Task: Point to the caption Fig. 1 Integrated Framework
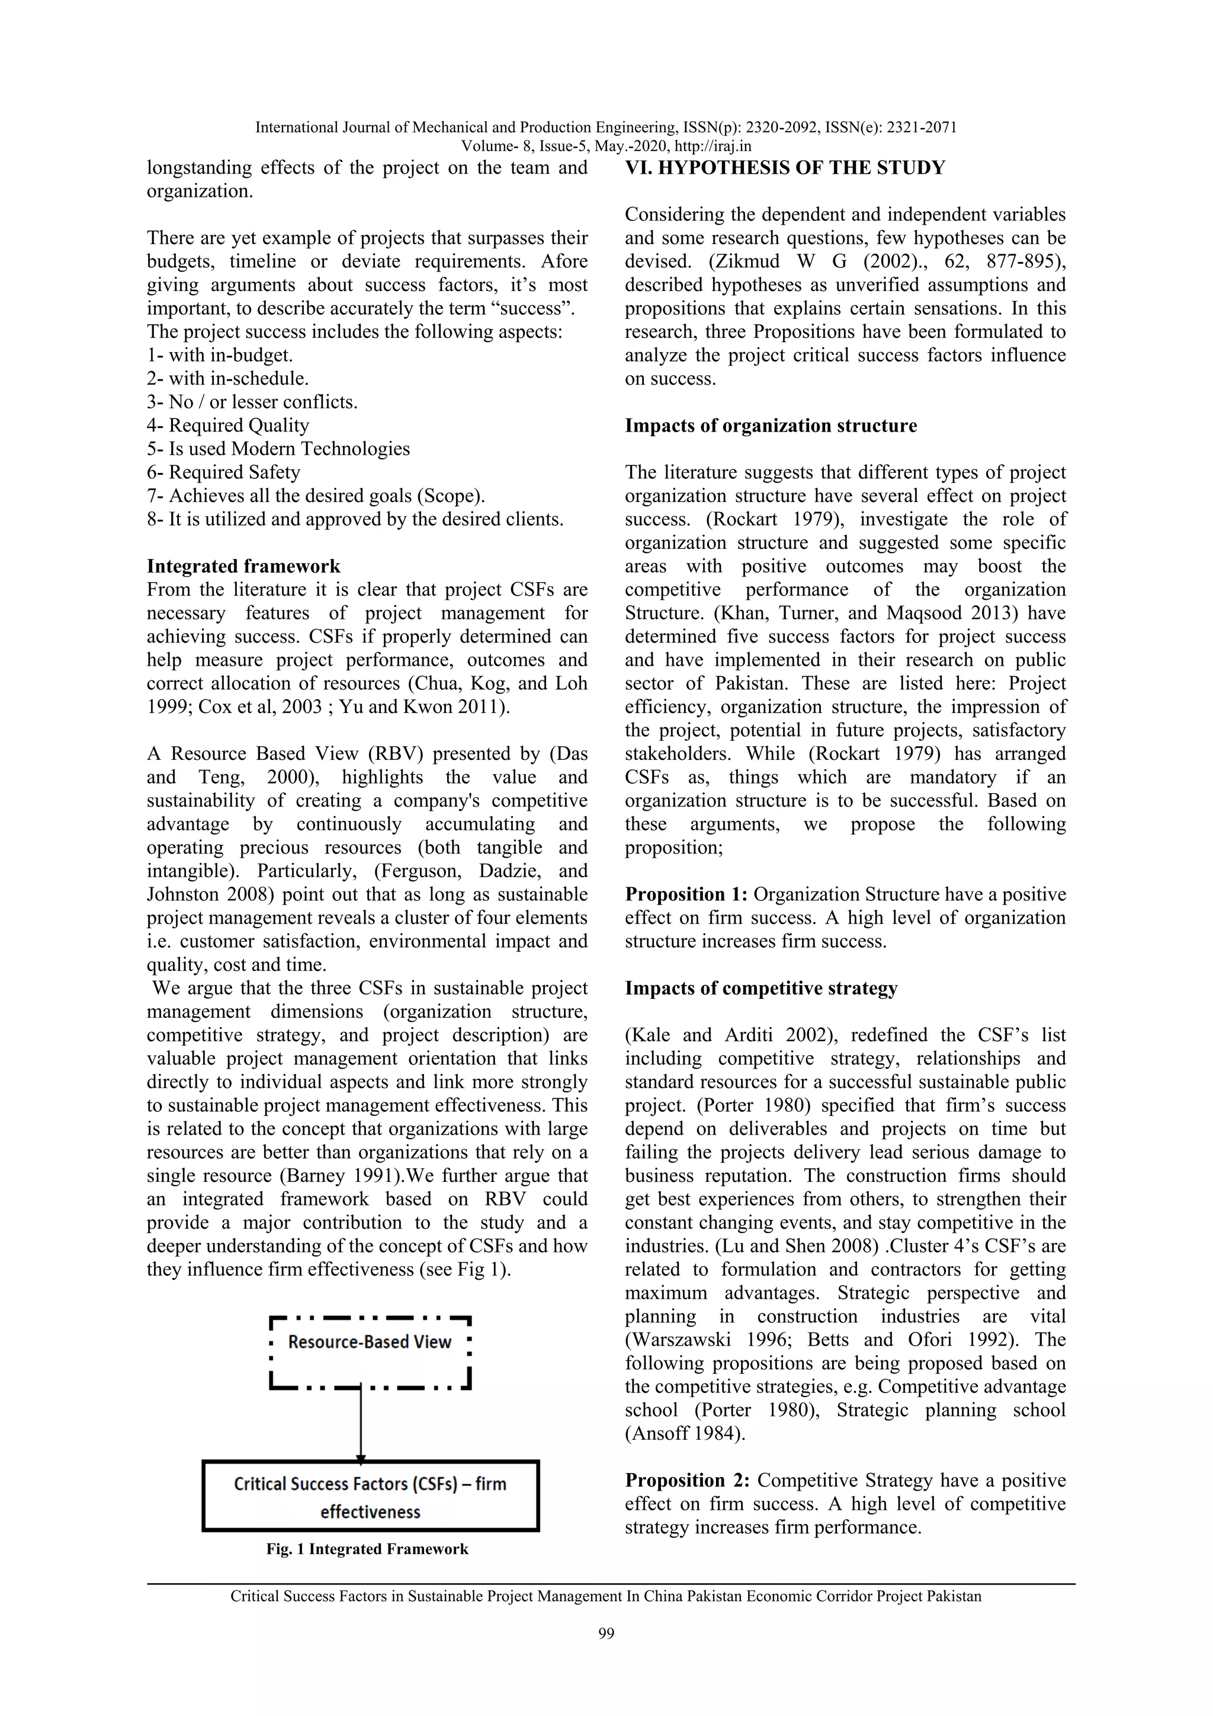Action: tap(367, 1549)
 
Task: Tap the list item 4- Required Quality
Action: tap(228, 425)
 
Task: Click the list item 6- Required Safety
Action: tap(223, 472)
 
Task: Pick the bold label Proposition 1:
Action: tap(686, 894)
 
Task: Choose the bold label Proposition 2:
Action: tap(686, 1481)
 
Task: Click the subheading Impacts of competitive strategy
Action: tap(760, 988)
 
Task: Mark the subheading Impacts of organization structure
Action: tap(771, 426)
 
